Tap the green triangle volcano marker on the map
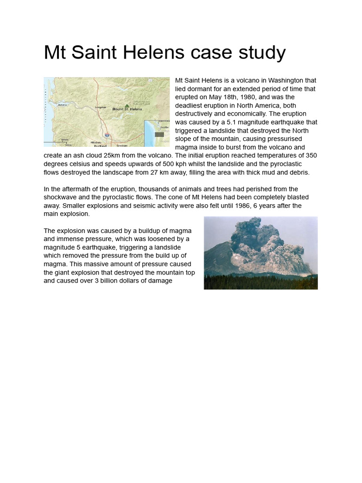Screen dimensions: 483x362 [x=126, y=106]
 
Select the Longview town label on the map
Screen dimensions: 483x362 [x=100, y=107]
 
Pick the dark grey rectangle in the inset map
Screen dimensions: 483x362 [x=159, y=134]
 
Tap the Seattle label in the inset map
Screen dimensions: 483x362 [x=164, y=127]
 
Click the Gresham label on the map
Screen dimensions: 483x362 [x=122, y=145]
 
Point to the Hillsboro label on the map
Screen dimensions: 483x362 [x=96, y=142]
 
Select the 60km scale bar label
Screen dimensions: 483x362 [x=65, y=140]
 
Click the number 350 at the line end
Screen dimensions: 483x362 [x=311, y=156]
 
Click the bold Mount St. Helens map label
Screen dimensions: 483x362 [x=127, y=109]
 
